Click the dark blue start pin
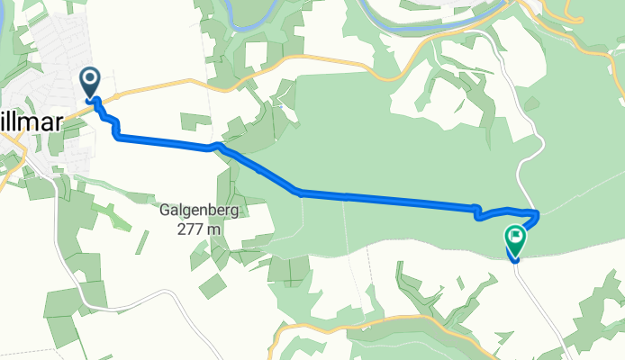click(x=91, y=83)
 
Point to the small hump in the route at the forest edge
click(x=216, y=146)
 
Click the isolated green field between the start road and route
click(x=194, y=121)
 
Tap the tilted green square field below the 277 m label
click(x=213, y=286)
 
